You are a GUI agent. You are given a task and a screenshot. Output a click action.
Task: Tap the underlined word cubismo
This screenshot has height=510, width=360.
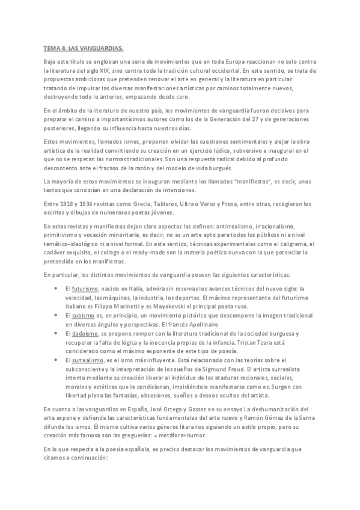(x=84, y=315)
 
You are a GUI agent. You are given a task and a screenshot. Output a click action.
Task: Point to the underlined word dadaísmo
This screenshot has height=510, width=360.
(x=85, y=333)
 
